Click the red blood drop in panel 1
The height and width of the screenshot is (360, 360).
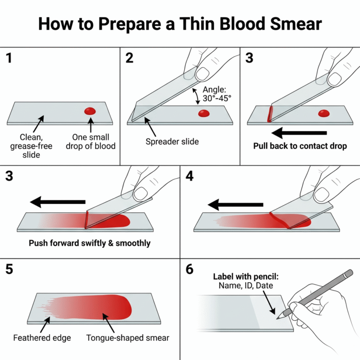(x=90, y=112)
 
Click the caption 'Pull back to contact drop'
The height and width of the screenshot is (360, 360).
(x=300, y=146)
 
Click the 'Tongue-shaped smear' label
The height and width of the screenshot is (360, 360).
(x=128, y=337)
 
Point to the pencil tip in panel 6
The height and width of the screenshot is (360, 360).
(x=278, y=317)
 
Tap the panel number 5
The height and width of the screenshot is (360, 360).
(x=10, y=270)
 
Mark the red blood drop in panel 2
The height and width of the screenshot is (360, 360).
(x=203, y=113)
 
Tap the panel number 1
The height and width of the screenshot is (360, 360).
(x=9, y=58)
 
